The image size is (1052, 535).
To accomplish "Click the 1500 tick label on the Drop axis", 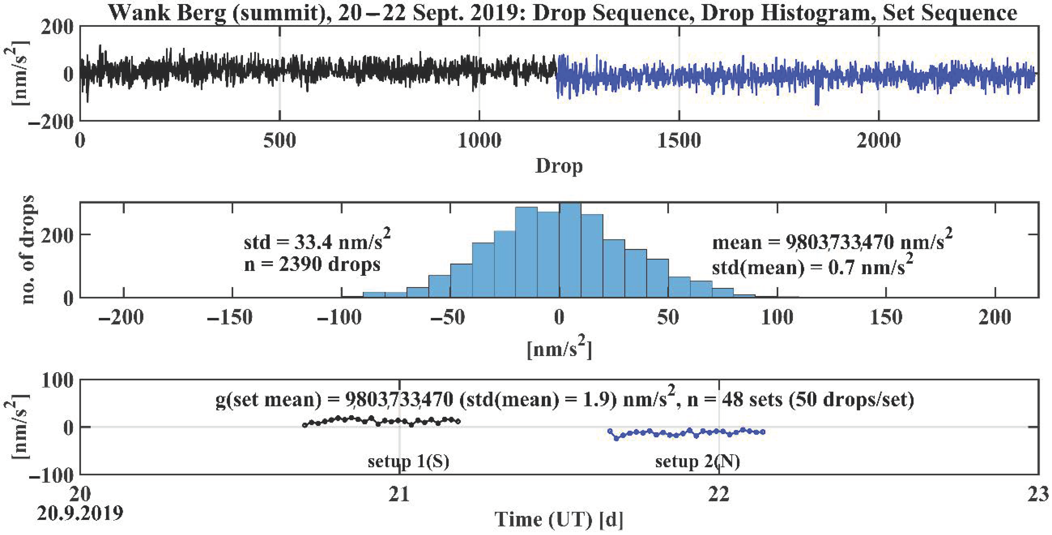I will tap(679, 141).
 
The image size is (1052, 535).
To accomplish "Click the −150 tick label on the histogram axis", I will tap(230, 317).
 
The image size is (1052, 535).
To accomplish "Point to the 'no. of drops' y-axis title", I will tap(28, 250).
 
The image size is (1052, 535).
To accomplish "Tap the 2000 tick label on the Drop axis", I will tap(878, 141).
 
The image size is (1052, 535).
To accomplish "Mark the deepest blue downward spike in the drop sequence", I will tap(817, 104).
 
